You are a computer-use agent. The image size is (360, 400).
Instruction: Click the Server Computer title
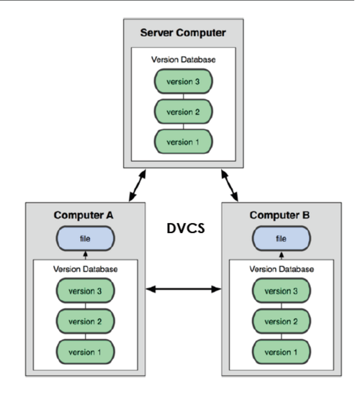tap(183, 33)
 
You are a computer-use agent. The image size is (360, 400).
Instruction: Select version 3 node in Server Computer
tap(184, 81)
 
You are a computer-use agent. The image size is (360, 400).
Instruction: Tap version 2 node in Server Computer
tap(184, 112)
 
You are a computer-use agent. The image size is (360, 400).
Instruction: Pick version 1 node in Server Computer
tap(184, 142)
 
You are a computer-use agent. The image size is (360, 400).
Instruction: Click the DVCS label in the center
tap(186, 228)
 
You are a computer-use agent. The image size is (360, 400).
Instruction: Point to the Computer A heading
tap(84, 215)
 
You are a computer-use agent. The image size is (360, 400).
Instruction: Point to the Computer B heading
tap(279, 215)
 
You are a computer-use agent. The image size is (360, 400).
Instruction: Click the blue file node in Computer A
tap(85, 239)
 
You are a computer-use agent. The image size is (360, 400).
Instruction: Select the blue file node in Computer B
tap(282, 239)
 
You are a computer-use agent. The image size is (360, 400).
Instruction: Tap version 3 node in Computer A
tap(85, 291)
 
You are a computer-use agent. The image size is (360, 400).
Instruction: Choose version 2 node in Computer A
tap(85, 322)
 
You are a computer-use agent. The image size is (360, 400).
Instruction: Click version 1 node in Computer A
tap(85, 352)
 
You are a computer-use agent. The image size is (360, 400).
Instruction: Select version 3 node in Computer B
tap(282, 291)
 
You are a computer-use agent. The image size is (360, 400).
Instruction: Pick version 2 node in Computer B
tap(282, 322)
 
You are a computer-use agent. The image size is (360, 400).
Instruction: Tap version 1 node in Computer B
tap(282, 352)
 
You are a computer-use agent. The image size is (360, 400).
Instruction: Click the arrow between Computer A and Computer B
tap(184, 289)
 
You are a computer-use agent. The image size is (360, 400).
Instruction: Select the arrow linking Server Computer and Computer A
tap(138, 186)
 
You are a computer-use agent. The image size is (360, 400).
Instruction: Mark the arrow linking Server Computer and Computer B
tap(230, 186)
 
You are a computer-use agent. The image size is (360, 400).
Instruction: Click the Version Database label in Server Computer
tap(184, 60)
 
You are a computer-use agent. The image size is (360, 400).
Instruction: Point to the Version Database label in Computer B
tap(282, 269)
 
